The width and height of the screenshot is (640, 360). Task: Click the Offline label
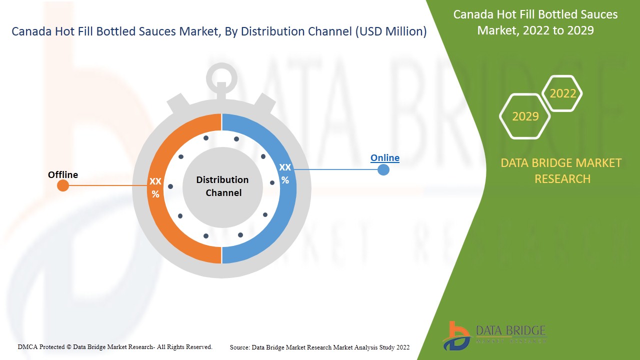[63, 174]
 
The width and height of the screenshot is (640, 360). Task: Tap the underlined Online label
[385, 157]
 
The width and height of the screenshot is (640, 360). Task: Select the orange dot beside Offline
[63, 185]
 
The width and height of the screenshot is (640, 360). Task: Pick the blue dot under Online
[383, 169]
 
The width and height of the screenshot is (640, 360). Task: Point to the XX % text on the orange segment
[155, 187]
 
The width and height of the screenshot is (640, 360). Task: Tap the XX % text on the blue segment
[285, 173]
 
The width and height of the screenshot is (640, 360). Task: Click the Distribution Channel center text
[222, 186]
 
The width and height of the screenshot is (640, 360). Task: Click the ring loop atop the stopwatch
[221, 66]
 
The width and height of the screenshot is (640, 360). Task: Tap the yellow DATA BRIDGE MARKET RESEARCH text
[561, 171]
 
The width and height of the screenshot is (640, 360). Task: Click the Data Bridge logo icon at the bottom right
[456, 336]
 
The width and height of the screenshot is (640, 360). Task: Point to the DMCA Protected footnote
[115, 347]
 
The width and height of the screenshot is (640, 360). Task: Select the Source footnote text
[319, 347]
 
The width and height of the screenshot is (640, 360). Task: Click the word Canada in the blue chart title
[31, 31]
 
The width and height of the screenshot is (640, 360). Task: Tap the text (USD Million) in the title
[391, 31]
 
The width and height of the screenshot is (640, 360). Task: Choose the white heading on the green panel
[535, 22]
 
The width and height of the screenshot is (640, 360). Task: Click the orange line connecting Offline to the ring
[108, 185]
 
